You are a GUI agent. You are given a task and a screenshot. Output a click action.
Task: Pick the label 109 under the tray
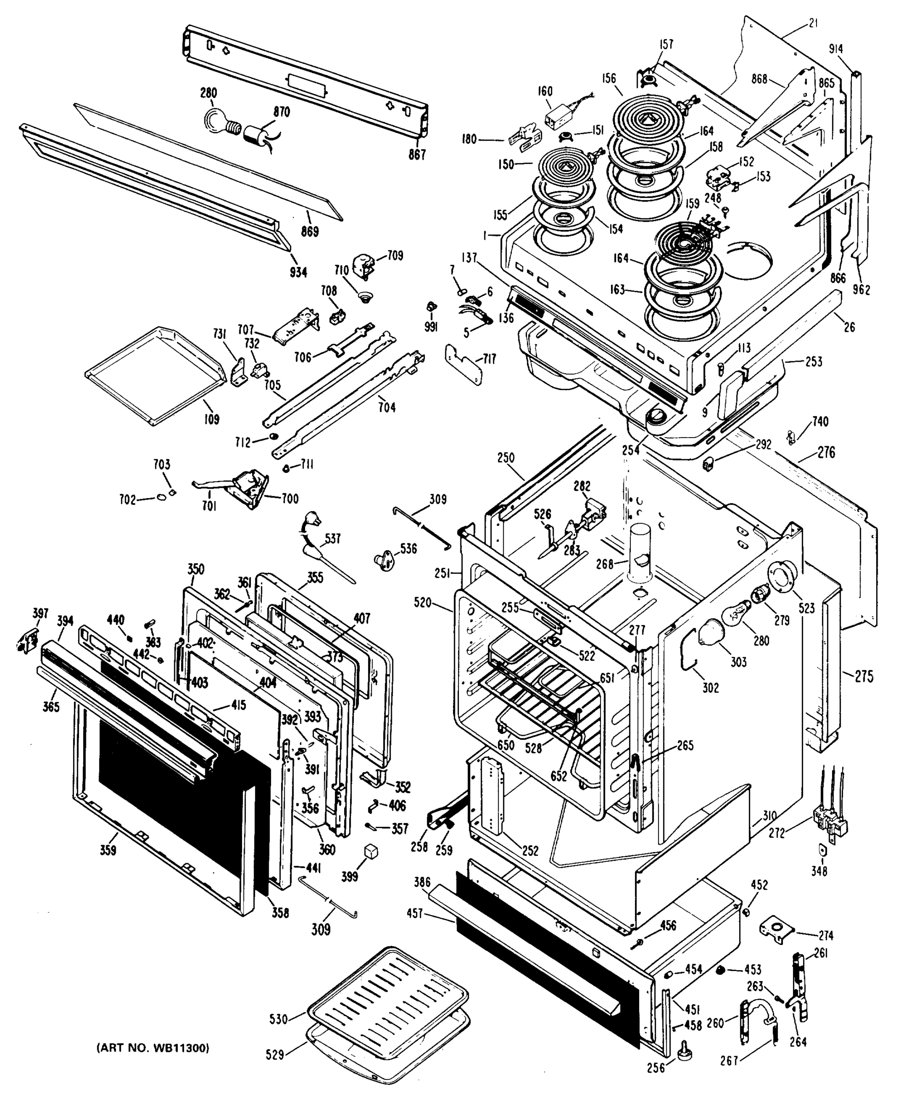click(211, 418)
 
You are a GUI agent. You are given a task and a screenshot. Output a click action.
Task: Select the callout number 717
click(489, 358)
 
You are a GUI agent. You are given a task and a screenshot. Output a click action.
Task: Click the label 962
click(861, 289)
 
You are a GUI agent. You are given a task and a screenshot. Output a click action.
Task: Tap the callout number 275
click(864, 677)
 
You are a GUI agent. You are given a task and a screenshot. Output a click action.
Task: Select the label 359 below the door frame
click(108, 850)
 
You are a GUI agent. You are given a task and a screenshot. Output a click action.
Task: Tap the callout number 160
click(545, 91)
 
